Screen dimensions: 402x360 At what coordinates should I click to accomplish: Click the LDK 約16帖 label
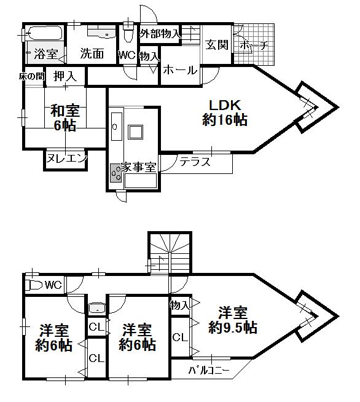tap(224, 112)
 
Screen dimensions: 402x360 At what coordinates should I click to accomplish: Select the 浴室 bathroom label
tap(45, 54)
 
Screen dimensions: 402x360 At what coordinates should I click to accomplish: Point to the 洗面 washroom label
tap(92, 53)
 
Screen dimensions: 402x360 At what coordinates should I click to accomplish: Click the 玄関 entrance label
tap(217, 45)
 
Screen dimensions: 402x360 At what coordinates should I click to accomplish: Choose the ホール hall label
tap(181, 70)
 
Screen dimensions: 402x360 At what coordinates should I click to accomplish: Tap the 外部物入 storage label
tap(160, 34)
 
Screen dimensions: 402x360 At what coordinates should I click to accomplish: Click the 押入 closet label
tap(64, 76)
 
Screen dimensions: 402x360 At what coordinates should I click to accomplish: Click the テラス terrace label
tap(195, 162)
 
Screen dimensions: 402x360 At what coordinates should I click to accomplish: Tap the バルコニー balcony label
tap(209, 371)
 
